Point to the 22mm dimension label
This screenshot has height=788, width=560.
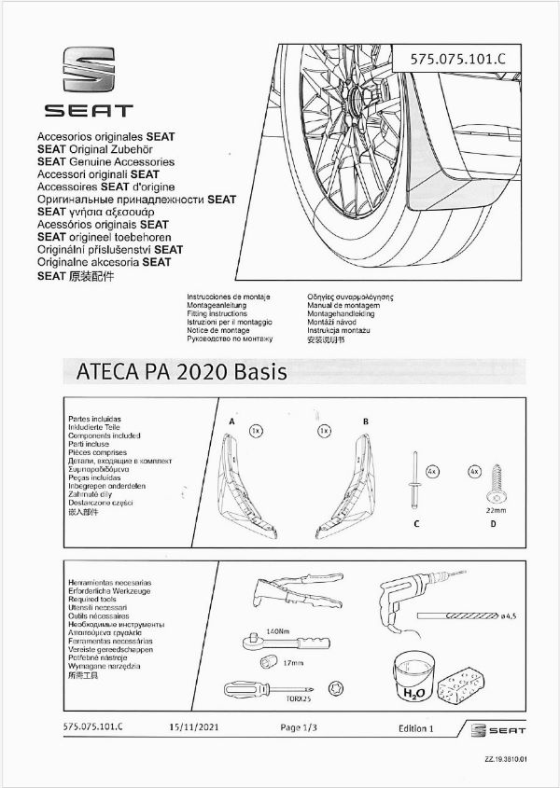[x=496, y=512]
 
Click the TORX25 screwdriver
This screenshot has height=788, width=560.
[x=263, y=688]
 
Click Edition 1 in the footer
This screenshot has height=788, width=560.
[x=415, y=727]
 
